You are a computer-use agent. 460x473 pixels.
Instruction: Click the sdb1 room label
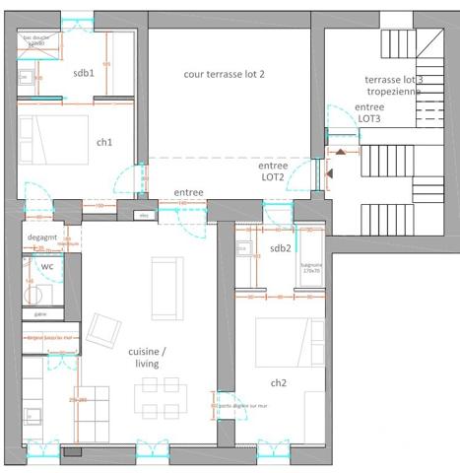click(84, 73)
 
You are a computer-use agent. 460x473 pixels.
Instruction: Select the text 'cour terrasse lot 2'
click(225, 74)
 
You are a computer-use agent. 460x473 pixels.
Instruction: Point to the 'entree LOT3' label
click(369, 112)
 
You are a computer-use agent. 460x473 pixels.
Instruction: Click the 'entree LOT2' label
click(274, 171)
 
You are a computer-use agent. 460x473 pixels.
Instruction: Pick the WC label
click(46, 266)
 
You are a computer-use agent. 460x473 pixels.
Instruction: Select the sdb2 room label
click(281, 248)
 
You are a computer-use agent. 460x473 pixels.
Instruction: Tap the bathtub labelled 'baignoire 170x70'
click(312, 264)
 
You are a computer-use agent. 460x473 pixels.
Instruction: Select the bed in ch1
click(56, 138)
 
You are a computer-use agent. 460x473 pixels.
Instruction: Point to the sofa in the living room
click(165, 286)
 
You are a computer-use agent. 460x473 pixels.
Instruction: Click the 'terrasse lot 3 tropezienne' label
click(393, 85)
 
